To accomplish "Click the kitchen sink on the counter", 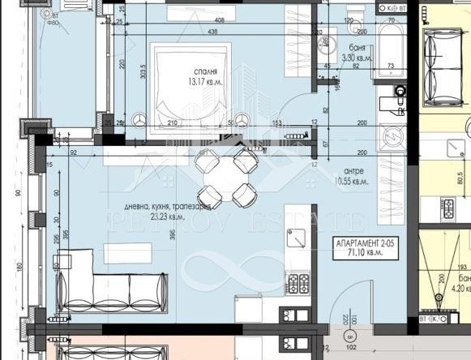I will [x=297, y=241].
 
